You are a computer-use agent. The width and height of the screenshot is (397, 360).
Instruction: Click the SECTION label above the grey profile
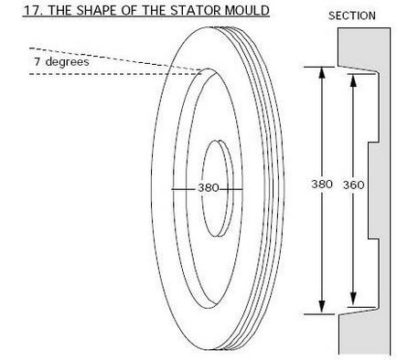(352, 16)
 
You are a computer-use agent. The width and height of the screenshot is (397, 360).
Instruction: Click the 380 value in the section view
(322, 185)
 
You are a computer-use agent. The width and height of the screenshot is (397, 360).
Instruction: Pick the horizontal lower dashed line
(110, 73)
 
